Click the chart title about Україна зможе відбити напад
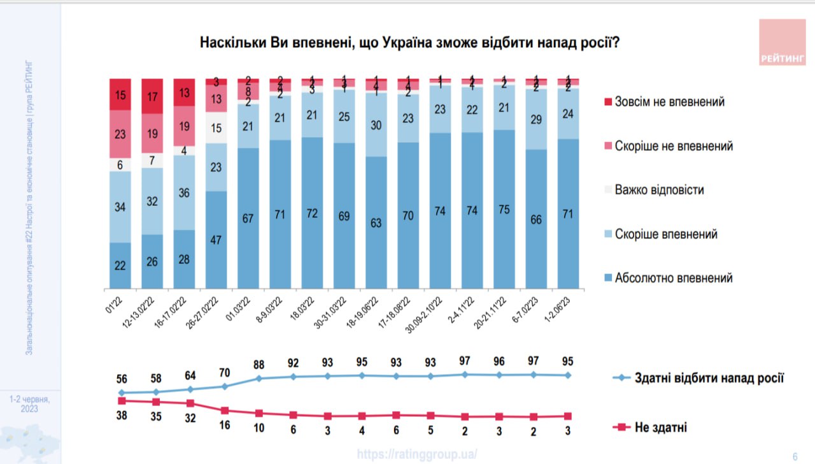pyautogui.click(x=411, y=43)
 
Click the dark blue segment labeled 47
pyautogui.click(x=216, y=240)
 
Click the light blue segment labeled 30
pyautogui.click(x=376, y=126)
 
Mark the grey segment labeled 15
pyautogui.click(x=216, y=127)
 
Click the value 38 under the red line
pyautogui.click(x=120, y=416)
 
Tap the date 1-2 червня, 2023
pyautogui.click(x=29, y=403)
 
